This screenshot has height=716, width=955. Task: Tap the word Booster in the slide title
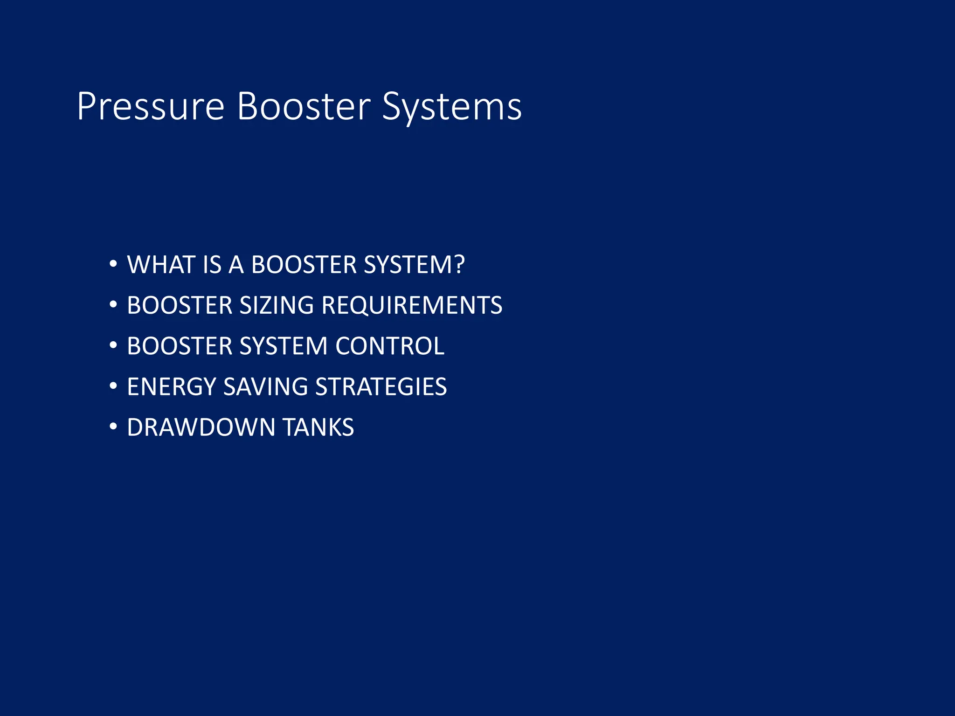point(304,107)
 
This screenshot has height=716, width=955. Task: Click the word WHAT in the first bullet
point(161,265)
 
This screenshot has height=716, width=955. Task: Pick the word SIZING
point(277,305)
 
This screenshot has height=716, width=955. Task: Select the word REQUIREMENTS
point(412,305)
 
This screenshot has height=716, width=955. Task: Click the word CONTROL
point(389,346)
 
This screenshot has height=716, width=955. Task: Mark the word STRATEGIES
point(381,386)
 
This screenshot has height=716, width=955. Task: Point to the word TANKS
point(318,427)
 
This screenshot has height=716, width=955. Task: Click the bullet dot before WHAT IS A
point(113,264)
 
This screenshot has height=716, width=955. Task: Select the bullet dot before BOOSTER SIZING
point(113,305)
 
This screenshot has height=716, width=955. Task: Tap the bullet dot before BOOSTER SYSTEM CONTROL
point(113,345)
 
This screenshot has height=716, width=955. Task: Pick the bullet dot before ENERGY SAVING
point(113,386)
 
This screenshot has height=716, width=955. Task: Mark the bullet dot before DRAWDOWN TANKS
point(113,427)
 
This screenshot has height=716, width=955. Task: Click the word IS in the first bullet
point(212,265)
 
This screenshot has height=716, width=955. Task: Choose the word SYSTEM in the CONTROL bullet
point(284,346)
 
